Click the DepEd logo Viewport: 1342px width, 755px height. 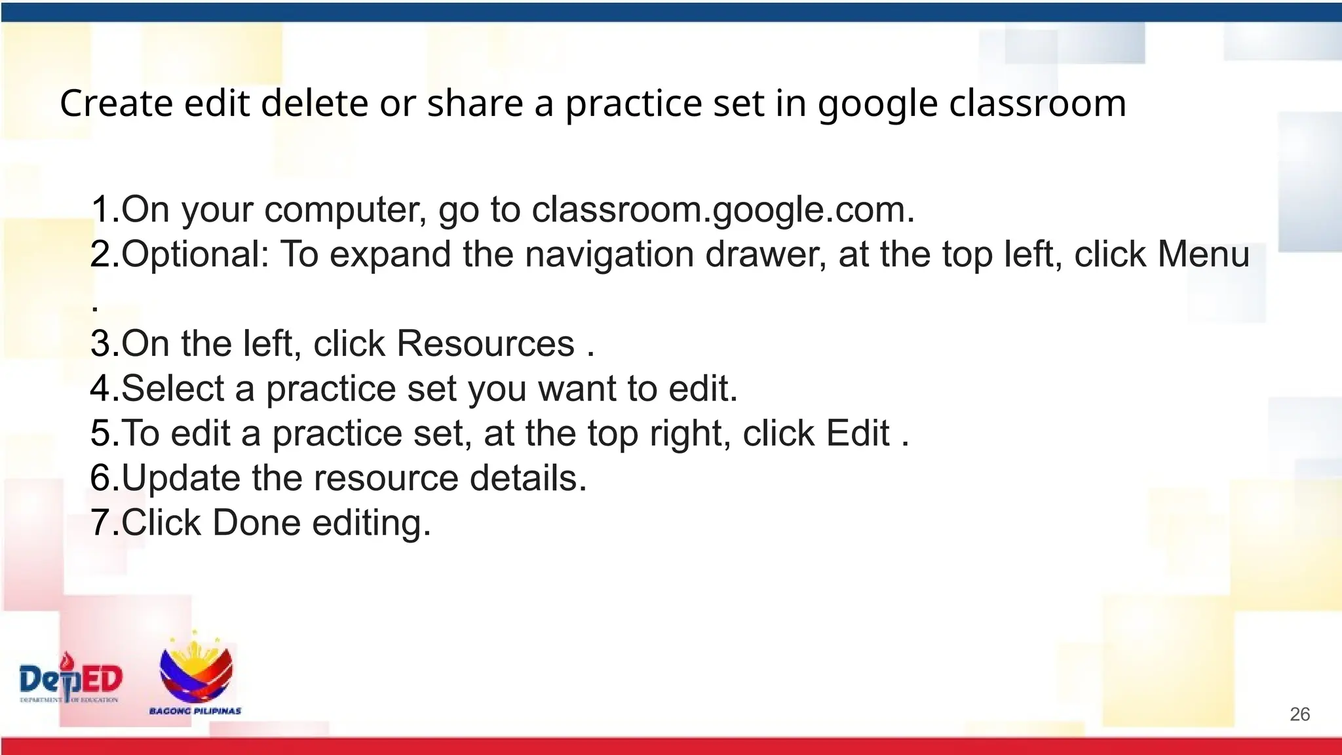tap(71, 679)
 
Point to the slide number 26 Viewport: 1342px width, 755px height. tap(1299, 714)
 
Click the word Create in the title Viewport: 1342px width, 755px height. tap(116, 104)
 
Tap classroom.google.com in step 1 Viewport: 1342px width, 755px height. tap(722, 210)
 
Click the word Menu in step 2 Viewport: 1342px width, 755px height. tap(1204, 254)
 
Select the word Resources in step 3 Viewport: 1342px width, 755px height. tap(486, 343)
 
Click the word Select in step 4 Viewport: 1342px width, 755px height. tap(172, 389)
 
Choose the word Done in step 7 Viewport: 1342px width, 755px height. tap(256, 523)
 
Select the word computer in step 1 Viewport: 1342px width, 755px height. tap(345, 210)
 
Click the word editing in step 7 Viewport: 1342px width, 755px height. tap(371, 523)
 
